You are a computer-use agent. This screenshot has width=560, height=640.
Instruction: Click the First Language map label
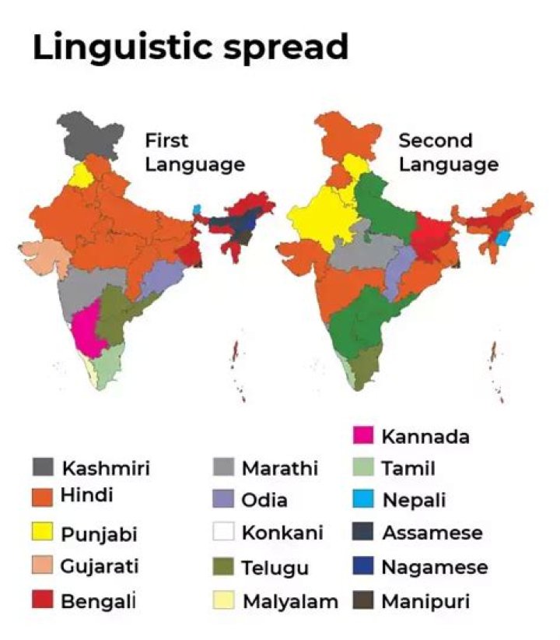pyautogui.click(x=194, y=153)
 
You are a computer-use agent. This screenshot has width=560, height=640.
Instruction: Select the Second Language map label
pyautogui.click(x=448, y=153)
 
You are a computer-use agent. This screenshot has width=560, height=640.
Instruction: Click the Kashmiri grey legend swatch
pyautogui.click(x=44, y=467)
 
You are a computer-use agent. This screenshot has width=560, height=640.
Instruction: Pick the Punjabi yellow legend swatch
pyautogui.click(x=44, y=533)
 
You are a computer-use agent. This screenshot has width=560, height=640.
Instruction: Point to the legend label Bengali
pyautogui.click(x=98, y=600)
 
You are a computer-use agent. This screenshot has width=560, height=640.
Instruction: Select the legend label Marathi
pyautogui.click(x=280, y=468)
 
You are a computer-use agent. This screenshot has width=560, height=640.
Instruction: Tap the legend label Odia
pyautogui.click(x=264, y=501)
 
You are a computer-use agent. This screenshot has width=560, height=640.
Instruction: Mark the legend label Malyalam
pyautogui.click(x=290, y=601)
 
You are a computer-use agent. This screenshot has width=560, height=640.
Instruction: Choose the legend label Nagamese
pyautogui.click(x=435, y=567)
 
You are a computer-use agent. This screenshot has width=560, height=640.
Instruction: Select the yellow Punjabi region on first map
pyautogui.click(x=80, y=175)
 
